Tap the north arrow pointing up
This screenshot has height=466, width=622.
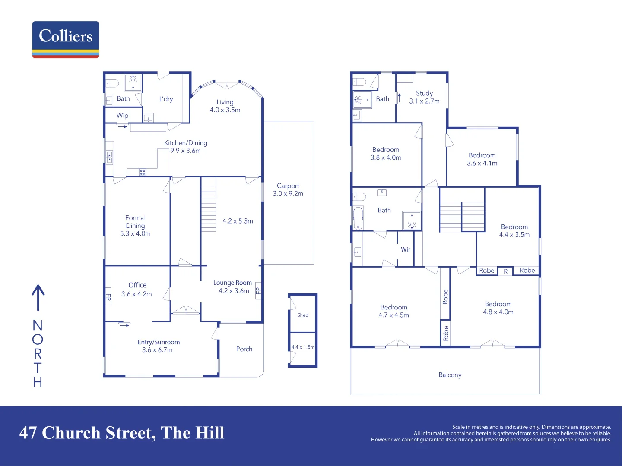[38, 298]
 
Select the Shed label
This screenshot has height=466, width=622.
[303, 315]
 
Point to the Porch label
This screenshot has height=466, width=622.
[244, 349]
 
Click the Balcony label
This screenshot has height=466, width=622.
[450, 375]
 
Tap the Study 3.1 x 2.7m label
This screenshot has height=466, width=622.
[424, 97]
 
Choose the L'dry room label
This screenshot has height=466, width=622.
[166, 99]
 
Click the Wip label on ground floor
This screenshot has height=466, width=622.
[122, 116]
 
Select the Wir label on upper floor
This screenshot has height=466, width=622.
[406, 249]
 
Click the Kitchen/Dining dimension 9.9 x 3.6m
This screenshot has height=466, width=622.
[185, 151]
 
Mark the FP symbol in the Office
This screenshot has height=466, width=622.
[108, 297]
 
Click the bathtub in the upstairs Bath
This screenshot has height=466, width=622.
[358, 218]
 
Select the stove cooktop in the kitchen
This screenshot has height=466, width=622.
[143, 172]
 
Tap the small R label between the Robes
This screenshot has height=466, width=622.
[505, 271]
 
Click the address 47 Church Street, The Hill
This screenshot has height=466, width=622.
[122, 433]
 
